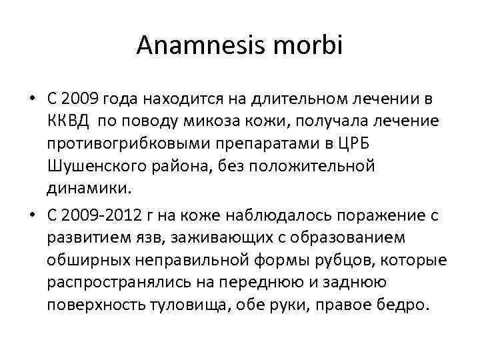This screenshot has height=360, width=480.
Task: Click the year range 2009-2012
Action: point(99,213)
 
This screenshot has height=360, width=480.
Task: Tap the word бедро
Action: point(399,305)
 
